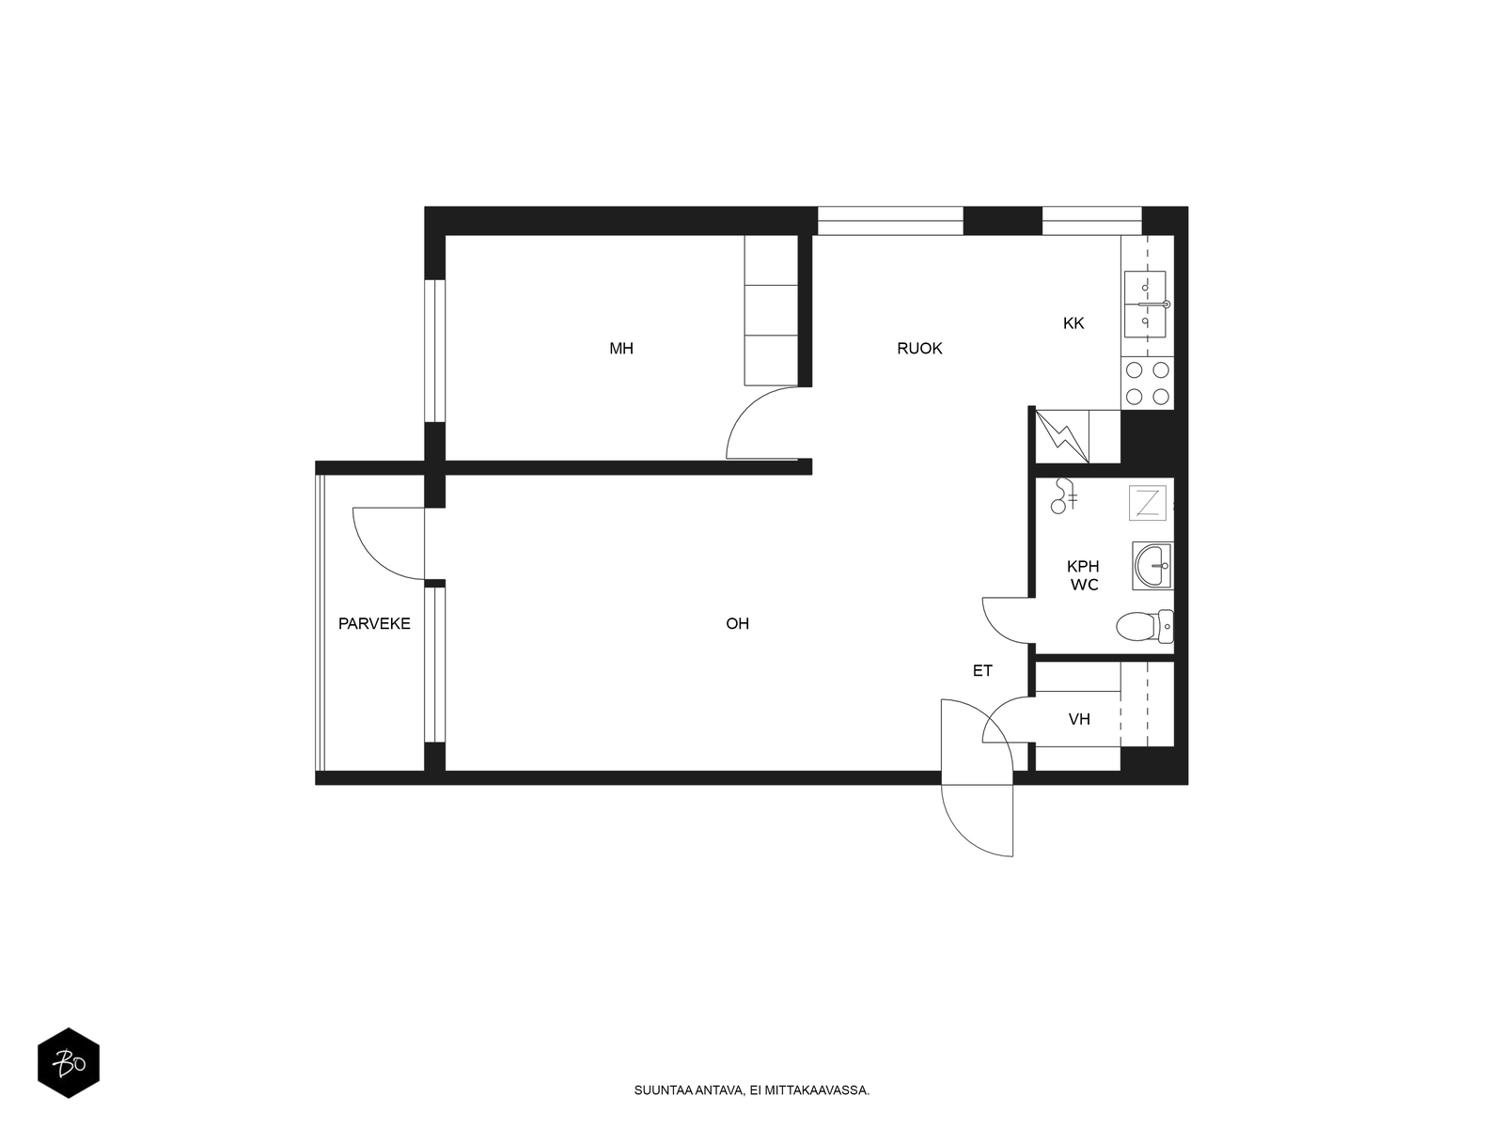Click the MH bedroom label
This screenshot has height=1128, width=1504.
[x=620, y=349]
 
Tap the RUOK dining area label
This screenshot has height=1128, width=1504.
[x=918, y=349]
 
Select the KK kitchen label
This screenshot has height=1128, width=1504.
[x=1073, y=323]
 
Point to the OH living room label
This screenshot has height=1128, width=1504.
[x=737, y=623]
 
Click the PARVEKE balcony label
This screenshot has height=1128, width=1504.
[x=374, y=623]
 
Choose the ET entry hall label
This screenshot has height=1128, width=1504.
[x=982, y=670]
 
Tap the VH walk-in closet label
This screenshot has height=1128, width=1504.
[x=1079, y=719]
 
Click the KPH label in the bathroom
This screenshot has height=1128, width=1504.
[x=1083, y=567]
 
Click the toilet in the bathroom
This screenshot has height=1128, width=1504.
[x=1144, y=626]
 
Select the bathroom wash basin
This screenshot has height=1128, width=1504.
[x=1152, y=566]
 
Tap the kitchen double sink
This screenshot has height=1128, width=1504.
[x=1145, y=304]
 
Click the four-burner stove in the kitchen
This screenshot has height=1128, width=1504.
[x=1147, y=383]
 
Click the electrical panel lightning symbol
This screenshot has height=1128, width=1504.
[x=1061, y=436]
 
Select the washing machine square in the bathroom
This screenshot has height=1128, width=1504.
[x=1147, y=503]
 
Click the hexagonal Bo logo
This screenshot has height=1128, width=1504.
[x=69, y=1063]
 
